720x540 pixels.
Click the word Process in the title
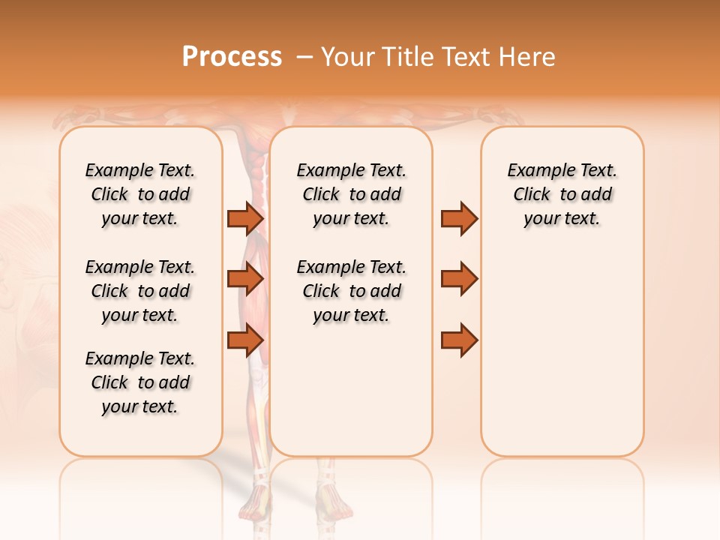tap(232, 57)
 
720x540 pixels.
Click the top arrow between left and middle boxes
tap(245, 218)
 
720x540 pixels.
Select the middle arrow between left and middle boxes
tap(245, 279)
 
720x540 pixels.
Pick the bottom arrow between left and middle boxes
tap(245, 340)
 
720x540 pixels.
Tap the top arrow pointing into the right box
tap(459, 218)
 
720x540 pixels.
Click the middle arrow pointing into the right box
tap(459, 279)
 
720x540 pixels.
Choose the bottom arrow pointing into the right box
tap(459, 340)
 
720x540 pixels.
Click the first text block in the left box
tap(140, 194)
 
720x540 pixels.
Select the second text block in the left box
tap(140, 291)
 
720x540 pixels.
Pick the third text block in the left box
tap(140, 382)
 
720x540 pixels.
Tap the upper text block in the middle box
tap(351, 194)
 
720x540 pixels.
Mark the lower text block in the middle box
tap(351, 291)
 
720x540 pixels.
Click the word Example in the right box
tap(537, 170)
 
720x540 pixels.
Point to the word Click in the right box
tap(532, 194)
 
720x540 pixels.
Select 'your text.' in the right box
tap(562, 218)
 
